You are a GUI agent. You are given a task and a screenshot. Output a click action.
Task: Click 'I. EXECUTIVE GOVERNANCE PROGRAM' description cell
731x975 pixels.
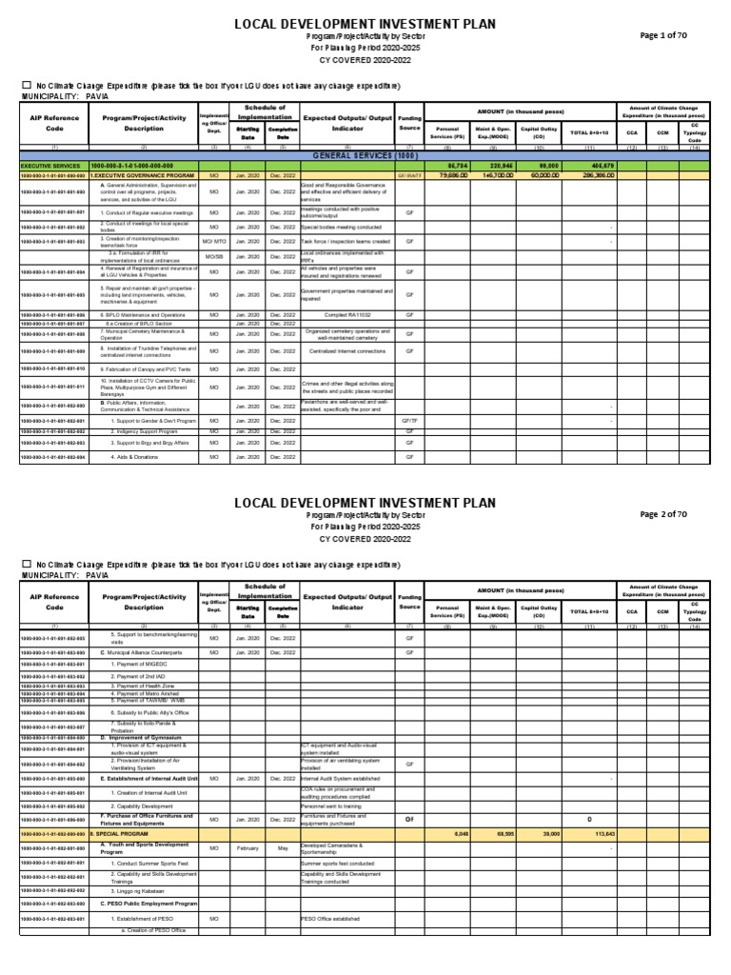(142, 176)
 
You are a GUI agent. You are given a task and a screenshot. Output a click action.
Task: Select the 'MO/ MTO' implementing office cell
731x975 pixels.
(214, 242)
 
